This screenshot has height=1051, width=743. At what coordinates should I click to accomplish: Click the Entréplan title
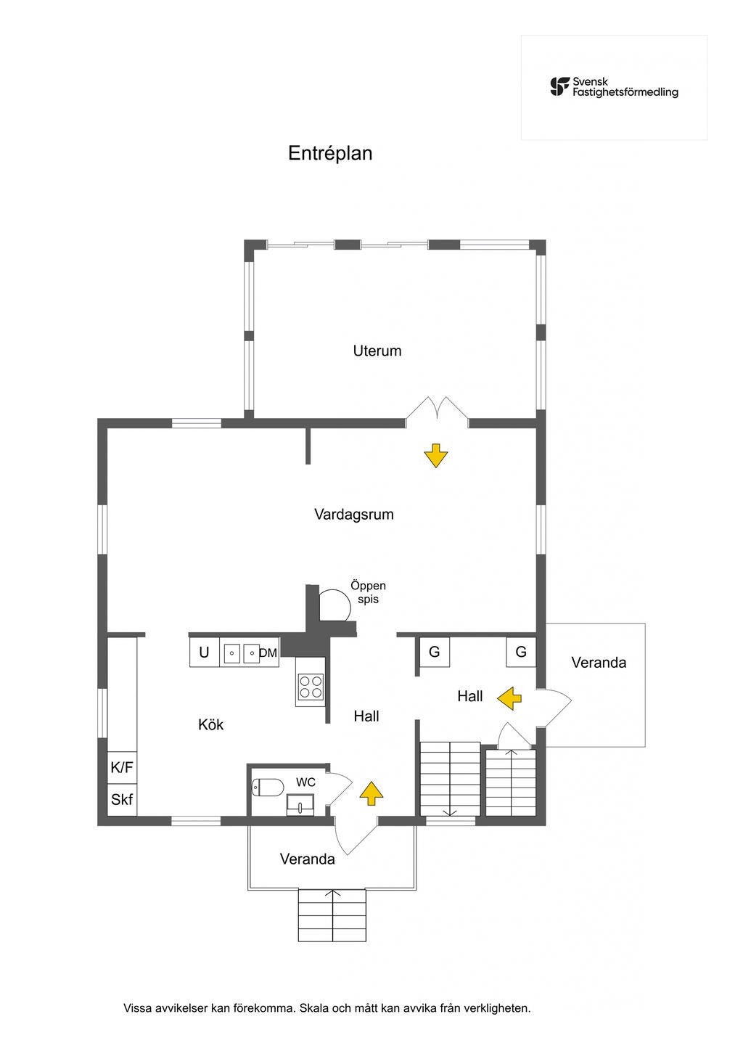point(330,153)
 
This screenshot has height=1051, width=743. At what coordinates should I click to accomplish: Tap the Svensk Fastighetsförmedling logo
point(614,87)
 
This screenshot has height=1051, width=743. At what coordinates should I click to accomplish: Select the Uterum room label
point(377,351)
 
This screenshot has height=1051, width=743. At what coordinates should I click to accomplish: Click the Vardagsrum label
point(353,515)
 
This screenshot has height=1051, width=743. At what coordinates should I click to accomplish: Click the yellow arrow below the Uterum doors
point(435,456)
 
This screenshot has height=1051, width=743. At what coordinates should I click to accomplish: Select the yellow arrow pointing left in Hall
point(509,698)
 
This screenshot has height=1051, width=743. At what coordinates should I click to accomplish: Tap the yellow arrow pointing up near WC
point(371,793)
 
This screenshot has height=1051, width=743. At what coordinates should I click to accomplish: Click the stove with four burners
point(311,685)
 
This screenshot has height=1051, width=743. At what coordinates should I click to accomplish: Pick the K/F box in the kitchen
point(122,767)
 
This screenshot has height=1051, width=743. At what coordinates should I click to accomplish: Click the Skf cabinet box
point(122,800)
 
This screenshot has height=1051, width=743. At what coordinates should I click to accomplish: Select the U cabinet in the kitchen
point(205,653)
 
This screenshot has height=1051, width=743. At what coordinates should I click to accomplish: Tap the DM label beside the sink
point(268,653)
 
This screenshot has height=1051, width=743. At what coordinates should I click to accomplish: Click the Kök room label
point(210,724)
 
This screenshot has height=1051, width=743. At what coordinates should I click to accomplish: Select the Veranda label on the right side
point(598,663)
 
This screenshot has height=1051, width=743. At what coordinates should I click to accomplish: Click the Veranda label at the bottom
point(307,859)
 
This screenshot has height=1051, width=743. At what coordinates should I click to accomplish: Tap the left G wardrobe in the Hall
point(434,652)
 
